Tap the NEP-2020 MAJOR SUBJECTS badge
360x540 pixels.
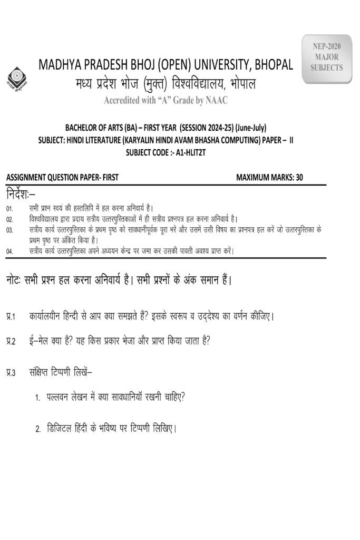[326, 57]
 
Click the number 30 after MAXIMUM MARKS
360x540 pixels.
[299, 178]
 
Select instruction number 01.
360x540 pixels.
[10, 209]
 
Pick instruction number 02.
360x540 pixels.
[10, 219]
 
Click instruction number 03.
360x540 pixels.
[10, 230]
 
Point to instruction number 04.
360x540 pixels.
[10, 252]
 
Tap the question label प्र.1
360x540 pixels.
[11, 317]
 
